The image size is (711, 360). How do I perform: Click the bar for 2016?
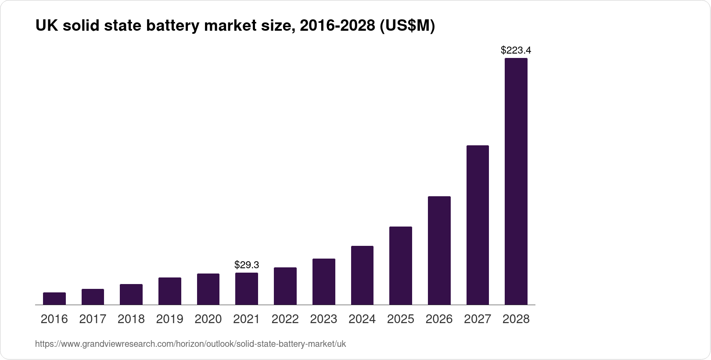(x=54, y=299)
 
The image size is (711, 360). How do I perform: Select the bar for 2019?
(x=170, y=291)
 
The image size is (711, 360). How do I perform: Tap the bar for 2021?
(x=247, y=288)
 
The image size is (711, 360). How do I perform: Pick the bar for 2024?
(x=362, y=275)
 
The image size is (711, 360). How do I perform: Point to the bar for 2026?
(x=439, y=250)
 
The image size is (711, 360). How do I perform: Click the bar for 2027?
(x=478, y=225)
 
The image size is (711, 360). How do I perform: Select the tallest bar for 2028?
(x=516, y=181)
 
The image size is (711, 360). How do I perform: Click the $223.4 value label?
(x=516, y=50)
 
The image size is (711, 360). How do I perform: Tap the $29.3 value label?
(x=247, y=265)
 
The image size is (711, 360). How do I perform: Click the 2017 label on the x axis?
(x=93, y=319)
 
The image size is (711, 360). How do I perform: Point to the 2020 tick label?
(x=208, y=319)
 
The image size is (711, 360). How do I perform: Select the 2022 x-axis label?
(x=285, y=319)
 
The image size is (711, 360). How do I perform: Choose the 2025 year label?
(x=401, y=319)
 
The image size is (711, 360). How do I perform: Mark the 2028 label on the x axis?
(x=516, y=319)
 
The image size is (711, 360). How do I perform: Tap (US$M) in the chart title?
(x=406, y=26)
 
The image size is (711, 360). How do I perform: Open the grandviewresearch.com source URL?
(x=190, y=344)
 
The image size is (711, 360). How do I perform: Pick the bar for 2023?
(x=324, y=281)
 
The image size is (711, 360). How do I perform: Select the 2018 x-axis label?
(x=131, y=319)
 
